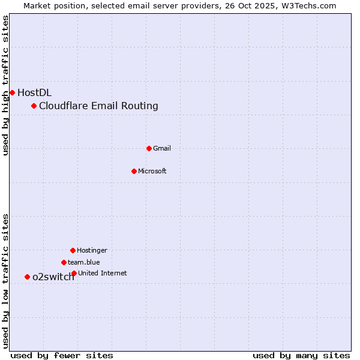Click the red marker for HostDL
(x=12, y=92)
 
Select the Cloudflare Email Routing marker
(x=34, y=106)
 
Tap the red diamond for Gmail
(x=149, y=148)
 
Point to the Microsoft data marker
(x=134, y=171)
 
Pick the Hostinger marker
(x=73, y=250)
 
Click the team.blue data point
(x=64, y=262)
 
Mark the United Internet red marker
(x=74, y=273)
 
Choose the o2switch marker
(x=27, y=277)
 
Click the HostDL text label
(x=34, y=92)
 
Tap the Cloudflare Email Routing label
(x=98, y=106)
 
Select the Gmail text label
(x=162, y=148)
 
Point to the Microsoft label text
(x=152, y=171)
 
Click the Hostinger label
(x=92, y=250)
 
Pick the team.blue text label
(x=84, y=262)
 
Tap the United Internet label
(x=103, y=273)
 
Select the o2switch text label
(x=53, y=277)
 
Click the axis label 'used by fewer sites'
(x=62, y=355)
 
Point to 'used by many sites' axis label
(x=301, y=355)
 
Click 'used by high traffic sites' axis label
(x=6, y=85)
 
